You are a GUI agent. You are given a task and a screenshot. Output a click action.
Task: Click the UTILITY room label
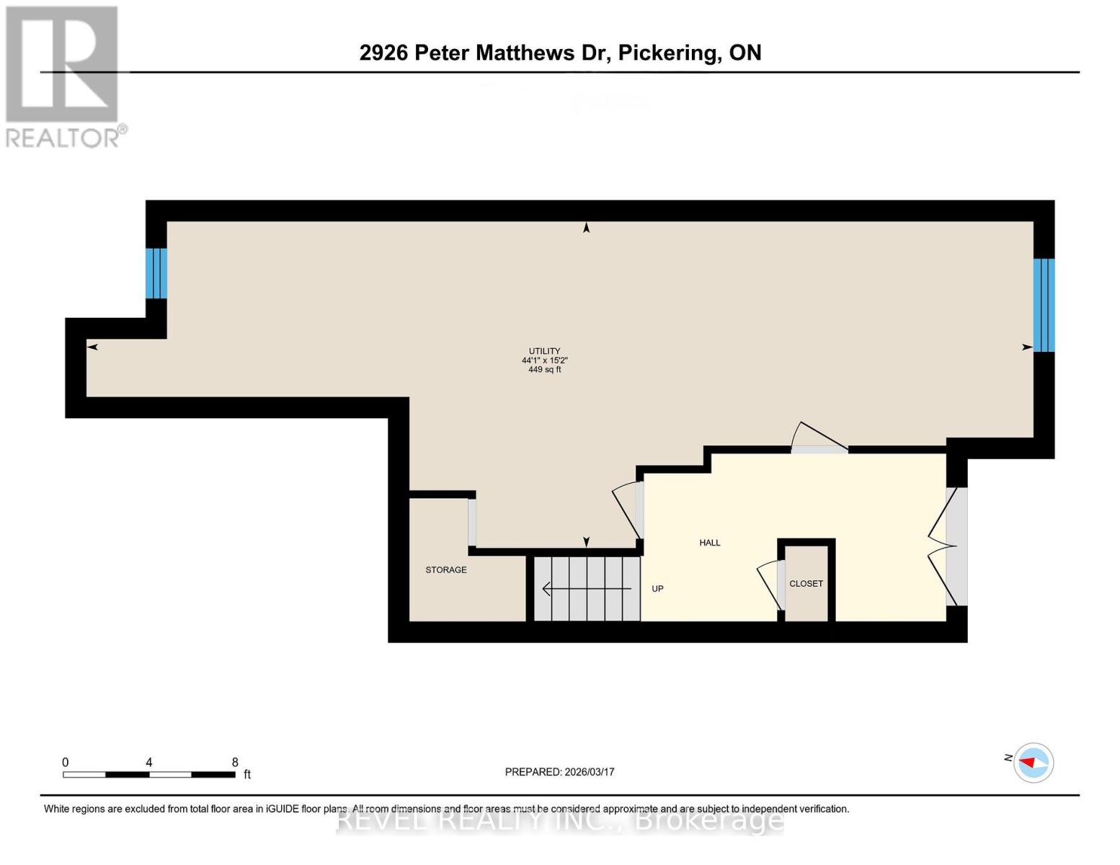click(x=544, y=351)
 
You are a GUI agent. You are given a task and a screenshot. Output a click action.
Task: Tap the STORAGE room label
click(x=446, y=570)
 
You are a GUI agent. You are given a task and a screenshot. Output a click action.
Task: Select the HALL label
click(x=710, y=543)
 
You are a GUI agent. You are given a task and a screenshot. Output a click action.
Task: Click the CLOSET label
click(x=806, y=584)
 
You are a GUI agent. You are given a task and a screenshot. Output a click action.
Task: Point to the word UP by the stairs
click(x=657, y=589)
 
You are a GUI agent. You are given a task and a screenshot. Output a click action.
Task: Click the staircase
click(x=587, y=588)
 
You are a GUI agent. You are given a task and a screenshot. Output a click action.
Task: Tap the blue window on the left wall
click(x=156, y=273)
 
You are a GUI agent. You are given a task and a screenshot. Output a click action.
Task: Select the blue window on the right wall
click(x=1044, y=305)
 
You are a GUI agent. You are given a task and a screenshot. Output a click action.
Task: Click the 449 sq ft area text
click(x=544, y=370)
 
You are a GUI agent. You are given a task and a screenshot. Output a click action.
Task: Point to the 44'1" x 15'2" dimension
click(x=544, y=360)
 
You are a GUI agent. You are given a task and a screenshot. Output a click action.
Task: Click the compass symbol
click(x=1034, y=762)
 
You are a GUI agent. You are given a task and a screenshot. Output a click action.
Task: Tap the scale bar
click(x=149, y=775)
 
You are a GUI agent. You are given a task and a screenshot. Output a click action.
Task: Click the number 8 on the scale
click(x=235, y=762)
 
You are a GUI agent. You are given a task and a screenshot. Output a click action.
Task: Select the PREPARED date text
click(x=559, y=772)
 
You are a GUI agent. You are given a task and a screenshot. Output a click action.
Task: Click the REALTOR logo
click(x=63, y=76)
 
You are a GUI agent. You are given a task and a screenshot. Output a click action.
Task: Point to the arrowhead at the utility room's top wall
click(x=587, y=228)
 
